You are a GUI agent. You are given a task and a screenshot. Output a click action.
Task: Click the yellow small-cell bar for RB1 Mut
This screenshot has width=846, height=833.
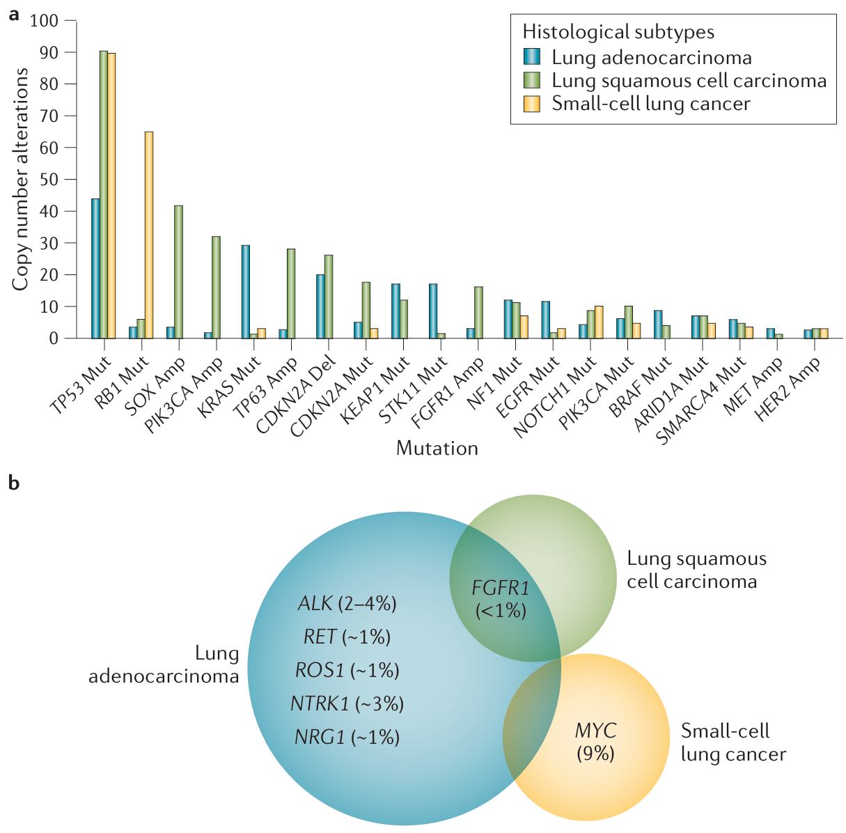149,235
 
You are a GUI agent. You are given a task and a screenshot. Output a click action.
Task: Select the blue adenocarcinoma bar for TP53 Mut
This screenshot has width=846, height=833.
95,268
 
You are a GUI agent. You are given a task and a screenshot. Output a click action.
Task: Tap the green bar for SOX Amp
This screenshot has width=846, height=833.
178,272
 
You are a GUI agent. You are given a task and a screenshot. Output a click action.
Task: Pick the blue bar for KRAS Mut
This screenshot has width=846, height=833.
245,291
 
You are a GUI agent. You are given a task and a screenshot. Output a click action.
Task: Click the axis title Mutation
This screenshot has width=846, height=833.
437,448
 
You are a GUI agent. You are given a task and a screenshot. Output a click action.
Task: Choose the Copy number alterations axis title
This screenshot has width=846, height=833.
20,179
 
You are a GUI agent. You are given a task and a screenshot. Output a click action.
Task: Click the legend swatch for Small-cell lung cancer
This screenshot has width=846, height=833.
533,104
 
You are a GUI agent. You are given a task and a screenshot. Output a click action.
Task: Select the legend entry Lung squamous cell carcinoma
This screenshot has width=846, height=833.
689,81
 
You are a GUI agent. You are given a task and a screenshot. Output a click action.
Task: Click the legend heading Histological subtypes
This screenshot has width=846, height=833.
618,32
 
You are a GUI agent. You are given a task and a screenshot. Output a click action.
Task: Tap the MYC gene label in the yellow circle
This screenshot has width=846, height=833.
595,731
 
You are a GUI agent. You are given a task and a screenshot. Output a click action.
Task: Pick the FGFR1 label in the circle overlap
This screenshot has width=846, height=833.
501,588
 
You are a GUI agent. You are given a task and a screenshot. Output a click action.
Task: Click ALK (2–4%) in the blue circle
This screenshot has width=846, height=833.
347,603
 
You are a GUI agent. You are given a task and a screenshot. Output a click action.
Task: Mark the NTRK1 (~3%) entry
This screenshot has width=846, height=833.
347,703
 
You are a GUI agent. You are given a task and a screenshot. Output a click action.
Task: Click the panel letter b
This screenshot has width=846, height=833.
13,483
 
